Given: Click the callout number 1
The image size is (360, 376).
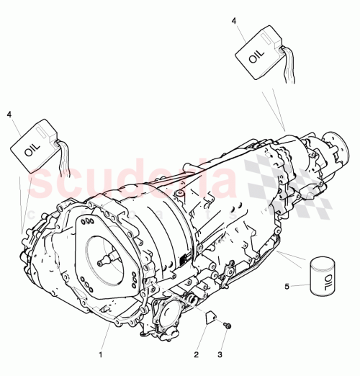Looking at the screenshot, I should click(101, 354).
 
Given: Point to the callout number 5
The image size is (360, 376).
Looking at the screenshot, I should click(287, 286).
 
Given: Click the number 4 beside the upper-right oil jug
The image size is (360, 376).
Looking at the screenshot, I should click(233, 22).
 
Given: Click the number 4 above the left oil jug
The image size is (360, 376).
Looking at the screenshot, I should click(9, 114).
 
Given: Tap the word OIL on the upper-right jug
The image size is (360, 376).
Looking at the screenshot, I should click(256, 56).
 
